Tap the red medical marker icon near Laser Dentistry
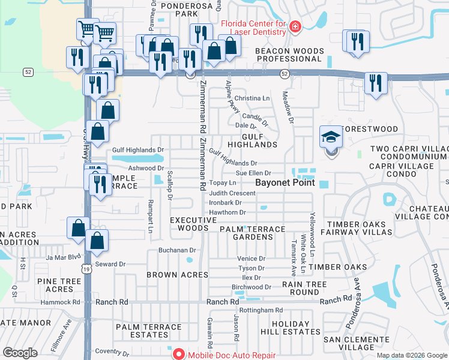(x=294, y=26)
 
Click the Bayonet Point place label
(x=285, y=182)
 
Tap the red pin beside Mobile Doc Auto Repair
(x=179, y=354)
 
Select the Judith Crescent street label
(x=232, y=193)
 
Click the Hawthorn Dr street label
(x=228, y=212)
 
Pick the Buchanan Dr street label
(x=177, y=250)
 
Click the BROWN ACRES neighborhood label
(x=177, y=275)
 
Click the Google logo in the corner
(x=20, y=352)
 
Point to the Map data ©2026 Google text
(x=412, y=355)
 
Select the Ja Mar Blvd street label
(x=63, y=257)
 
